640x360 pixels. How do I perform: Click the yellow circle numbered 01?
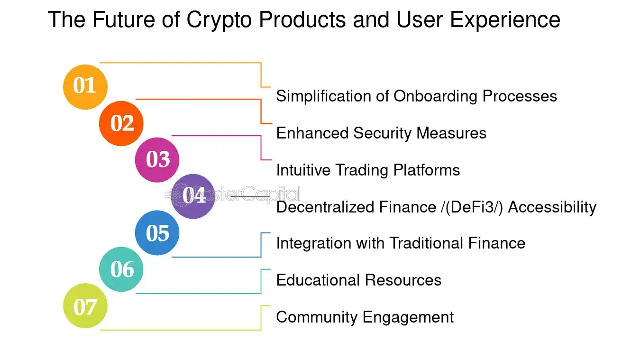pyautogui.click(x=85, y=87)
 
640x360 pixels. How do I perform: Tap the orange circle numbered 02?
pyautogui.click(x=121, y=123)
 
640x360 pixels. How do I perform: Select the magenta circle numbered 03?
pyautogui.click(x=157, y=160)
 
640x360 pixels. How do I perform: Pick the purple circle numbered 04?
pyautogui.click(x=193, y=196)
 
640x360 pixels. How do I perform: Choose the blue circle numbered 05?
pyautogui.click(x=157, y=233)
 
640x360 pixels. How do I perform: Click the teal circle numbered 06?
pyautogui.click(x=121, y=269)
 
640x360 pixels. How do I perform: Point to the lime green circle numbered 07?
pyautogui.click(x=85, y=306)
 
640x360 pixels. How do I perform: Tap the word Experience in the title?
pyautogui.click(x=505, y=20)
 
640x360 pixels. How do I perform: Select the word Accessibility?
pyautogui.click(x=552, y=207)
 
